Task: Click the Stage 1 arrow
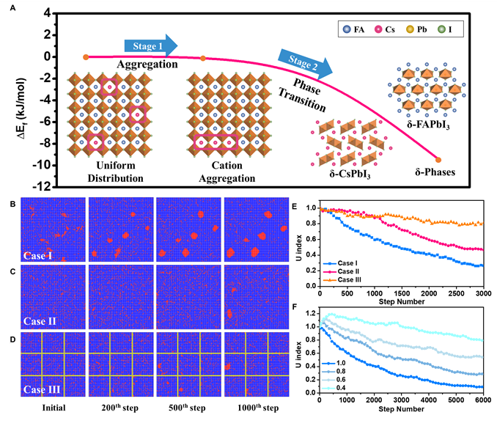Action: [x=150, y=46]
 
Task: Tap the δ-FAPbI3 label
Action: [x=429, y=126]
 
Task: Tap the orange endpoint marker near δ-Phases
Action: [x=438, y=159]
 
